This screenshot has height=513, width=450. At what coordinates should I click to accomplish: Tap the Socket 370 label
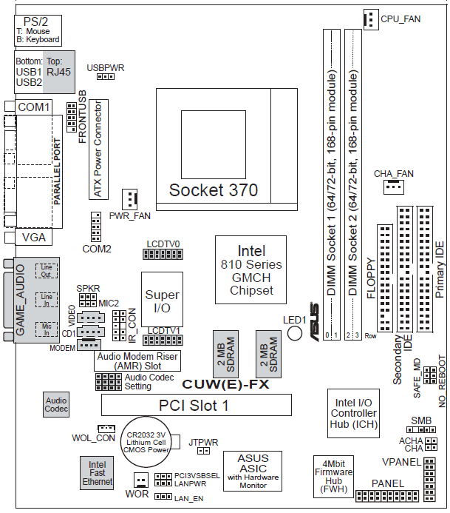214,190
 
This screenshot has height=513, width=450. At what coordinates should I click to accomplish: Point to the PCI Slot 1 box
196,405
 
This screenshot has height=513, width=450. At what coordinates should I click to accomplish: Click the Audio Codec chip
56,404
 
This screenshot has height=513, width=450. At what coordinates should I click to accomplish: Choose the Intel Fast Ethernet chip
98,472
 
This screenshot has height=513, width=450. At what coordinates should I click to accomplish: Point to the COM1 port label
33,107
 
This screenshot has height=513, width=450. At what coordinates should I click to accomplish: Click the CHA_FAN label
394,173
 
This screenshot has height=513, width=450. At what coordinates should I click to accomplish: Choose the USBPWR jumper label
106,67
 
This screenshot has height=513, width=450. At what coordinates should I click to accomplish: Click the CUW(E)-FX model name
225,384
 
